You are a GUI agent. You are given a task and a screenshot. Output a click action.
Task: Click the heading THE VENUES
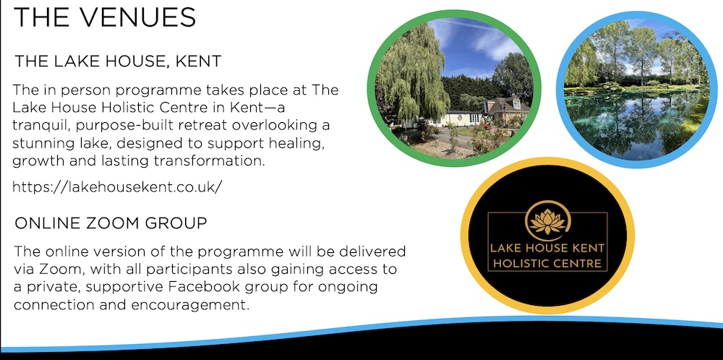(x=105, y=17)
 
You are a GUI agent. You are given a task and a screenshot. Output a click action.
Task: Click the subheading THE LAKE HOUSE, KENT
(x=118, y=61)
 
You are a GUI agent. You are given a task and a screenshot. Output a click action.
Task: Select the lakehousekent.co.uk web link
(x=118, y=187)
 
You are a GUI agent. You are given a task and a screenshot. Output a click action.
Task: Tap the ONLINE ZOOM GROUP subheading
(x=111, y=223)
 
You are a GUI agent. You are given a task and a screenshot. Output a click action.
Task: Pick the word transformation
(x=218, y=162)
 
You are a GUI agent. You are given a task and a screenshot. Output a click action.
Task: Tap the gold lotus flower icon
(x=548, y=222)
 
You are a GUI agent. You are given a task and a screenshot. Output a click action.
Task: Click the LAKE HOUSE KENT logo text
(x=547, y=249)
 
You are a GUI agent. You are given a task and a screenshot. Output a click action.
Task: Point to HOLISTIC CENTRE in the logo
(x=547, y=264)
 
